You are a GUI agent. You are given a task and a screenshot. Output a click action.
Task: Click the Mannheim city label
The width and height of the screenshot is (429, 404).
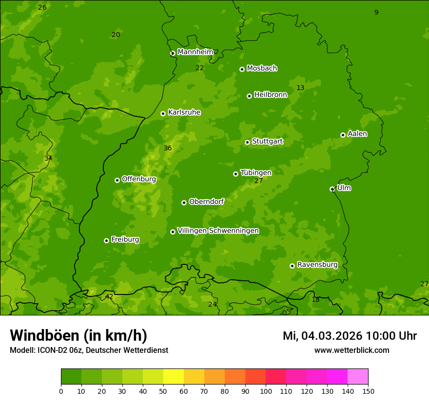coord(195,52)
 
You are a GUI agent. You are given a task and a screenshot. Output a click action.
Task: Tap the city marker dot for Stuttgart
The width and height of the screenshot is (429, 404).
coord(247,142)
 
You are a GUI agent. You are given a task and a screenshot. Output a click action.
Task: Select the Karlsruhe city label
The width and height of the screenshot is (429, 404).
coord(184,112)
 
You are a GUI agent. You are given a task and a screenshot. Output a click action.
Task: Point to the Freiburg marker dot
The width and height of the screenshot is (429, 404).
coord(106,240)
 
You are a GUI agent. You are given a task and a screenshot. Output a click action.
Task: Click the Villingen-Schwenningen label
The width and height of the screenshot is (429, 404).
coord(218,231)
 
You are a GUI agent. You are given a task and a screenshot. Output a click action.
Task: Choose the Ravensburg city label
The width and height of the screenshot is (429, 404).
coord(317,265)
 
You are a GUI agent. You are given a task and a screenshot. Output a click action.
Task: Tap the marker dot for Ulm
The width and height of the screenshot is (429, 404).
coord(332,189)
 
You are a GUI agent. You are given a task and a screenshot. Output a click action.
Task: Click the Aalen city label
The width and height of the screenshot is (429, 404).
coord(357,134)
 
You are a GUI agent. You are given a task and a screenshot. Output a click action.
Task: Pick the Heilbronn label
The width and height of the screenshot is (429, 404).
coord(270,95)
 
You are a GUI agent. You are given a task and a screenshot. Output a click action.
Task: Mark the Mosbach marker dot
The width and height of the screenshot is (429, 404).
coord(242,69)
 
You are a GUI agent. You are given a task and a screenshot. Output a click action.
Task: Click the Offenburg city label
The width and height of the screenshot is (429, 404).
coord(138,179)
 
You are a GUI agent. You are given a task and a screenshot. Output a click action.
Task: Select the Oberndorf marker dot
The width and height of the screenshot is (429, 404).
coord(184,202)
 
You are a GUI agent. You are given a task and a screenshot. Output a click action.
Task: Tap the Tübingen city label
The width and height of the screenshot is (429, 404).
coord(255,173)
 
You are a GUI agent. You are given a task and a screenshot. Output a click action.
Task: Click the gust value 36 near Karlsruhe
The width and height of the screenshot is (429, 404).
coord(168,148)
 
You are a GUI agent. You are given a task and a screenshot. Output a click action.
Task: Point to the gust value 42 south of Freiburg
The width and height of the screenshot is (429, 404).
coord(109,296)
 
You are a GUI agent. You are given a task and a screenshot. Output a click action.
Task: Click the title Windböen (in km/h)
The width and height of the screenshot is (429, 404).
coord(78,335)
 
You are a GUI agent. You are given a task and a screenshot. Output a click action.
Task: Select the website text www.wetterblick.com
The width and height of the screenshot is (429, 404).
coord(351,350)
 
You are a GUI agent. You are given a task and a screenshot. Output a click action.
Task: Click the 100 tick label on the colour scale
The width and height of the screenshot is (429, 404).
coord(266,391)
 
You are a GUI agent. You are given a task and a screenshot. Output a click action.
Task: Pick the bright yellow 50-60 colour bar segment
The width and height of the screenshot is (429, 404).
coord(174,377)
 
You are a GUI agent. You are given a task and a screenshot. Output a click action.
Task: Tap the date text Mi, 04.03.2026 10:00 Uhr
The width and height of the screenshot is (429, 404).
coord(350,336)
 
